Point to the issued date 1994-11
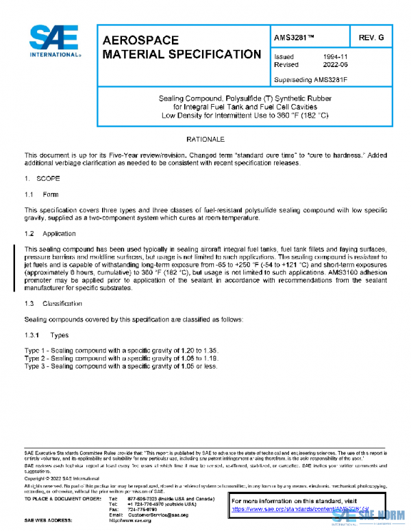coord(336,57)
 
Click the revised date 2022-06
coord(336,65)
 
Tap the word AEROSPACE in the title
coord(140,40)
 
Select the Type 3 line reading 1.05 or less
coord(121,366)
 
